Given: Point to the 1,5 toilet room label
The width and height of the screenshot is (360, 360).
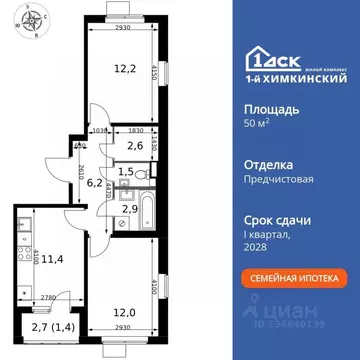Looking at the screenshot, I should pyautogui.click(x=126, y=172).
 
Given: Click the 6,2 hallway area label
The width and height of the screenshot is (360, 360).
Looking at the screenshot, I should pyautogui.click(x=94, y=183).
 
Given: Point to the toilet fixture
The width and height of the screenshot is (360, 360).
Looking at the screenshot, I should pyautogui.click(x=146, y=172).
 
